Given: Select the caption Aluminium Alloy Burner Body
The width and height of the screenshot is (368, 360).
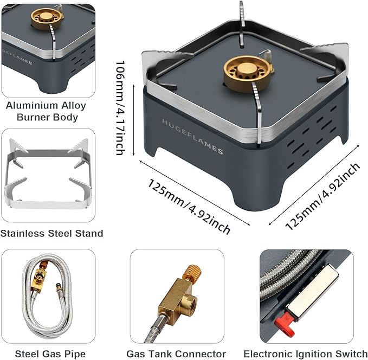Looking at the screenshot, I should pyautogui.click(x=47, y=111).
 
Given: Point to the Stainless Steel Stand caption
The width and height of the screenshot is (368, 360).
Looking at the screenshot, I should pyautogui.click(x=51, y=234).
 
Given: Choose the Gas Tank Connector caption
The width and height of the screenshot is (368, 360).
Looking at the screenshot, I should pyautogui.click(x=176, y=354).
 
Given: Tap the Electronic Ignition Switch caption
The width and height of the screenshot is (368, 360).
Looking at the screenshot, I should pyautogui.click(x=305, y=354).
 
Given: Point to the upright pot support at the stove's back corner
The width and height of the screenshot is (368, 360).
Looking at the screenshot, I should pyautogui.click(x=242, y=22).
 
